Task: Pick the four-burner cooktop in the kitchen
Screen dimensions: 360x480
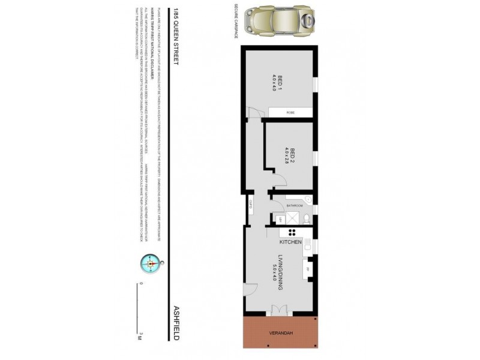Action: pos(293,232)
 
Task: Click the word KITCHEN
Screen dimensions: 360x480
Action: pos(290,242)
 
